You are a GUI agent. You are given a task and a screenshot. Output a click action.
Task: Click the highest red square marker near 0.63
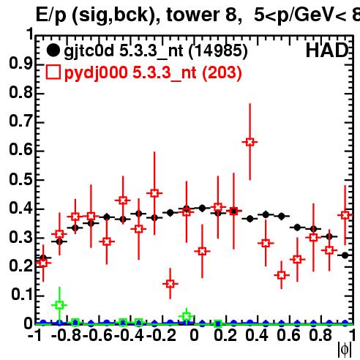coord(250,142)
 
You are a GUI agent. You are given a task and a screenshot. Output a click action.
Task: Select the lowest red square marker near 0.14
coord(170,284)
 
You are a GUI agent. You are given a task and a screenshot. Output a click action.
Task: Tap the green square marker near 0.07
coord(59,305)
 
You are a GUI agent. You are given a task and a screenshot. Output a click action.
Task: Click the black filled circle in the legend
coord(53,50)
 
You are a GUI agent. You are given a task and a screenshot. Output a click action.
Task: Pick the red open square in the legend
coord(53,72)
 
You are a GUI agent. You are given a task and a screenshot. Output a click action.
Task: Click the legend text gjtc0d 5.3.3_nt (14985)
coord(156,51)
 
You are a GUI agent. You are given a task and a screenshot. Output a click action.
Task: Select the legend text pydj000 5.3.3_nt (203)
coord(153,73)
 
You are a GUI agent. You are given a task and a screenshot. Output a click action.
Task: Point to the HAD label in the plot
coord(327,50)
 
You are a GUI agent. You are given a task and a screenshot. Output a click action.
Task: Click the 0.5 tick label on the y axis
coord(20,179)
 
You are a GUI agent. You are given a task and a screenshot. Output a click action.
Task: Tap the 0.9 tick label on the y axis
coord(20,64)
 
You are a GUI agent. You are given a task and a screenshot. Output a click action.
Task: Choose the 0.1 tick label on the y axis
coord(22,295)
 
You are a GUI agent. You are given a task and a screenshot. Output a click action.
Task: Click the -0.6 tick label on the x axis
coord(98,335)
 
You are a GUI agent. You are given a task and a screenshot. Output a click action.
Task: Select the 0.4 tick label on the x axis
coord(257,335)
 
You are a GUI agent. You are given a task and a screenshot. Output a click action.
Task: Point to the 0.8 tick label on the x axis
coord(320,335)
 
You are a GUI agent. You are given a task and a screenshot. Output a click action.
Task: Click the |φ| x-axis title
coord(345,350)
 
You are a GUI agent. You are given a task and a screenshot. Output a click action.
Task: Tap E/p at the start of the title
coord(51,15)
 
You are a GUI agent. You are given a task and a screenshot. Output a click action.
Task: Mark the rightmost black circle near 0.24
coord(345,255)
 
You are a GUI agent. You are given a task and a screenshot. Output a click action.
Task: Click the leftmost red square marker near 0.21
coord(43,263)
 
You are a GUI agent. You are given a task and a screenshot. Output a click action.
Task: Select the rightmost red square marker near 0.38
coord(345,215)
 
